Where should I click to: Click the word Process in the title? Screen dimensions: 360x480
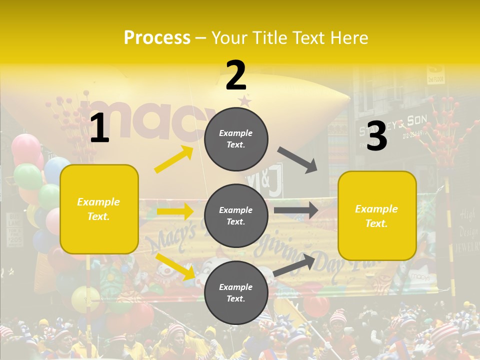(157, 38)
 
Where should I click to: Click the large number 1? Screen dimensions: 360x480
(99, 128)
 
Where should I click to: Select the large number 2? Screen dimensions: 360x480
(236, 75)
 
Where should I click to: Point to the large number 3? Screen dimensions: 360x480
(376, 136)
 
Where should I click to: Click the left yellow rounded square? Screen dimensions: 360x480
(99, 209)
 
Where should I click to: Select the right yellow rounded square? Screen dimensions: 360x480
(377, 215)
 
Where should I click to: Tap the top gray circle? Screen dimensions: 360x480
(236, 138)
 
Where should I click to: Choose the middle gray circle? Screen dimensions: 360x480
(236, 215)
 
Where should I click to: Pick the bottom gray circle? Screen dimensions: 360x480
(236, 292)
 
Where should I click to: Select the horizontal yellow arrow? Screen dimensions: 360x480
(175, 211)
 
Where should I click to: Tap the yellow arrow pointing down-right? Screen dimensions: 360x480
(175, 266)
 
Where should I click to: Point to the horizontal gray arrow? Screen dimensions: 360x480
(296, 210)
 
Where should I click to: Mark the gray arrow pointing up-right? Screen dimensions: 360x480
(295, 264)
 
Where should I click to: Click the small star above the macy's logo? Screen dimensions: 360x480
(245, 100)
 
